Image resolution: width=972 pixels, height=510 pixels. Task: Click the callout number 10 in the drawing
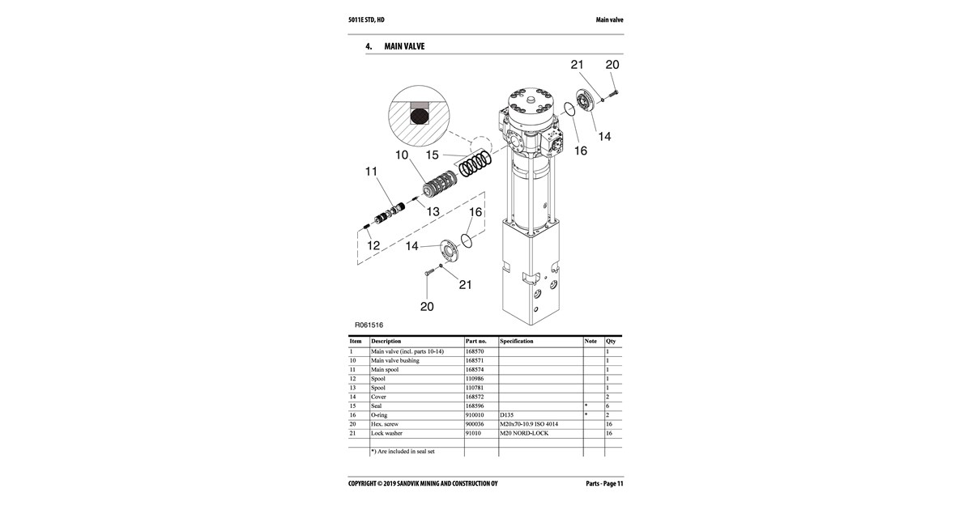(402, 155)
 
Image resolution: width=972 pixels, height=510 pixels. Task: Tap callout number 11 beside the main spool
(371, 172)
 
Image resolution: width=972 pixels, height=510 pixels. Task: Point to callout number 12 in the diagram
(373, 245)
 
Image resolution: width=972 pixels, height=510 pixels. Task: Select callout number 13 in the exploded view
(433, 211)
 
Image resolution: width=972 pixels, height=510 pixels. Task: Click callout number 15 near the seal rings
(432, 155)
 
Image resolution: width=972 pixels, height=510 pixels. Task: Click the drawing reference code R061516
(369, 325)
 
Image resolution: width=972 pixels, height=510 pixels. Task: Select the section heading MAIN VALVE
(404, 46)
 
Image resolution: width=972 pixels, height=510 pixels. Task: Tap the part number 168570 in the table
(475, 351)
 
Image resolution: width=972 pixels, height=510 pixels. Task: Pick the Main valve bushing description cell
(395, 360)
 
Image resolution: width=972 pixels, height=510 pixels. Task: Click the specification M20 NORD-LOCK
(524, 433)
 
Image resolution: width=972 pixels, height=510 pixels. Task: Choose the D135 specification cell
(506, 415)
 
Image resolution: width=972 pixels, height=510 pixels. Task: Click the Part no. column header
(476, 342)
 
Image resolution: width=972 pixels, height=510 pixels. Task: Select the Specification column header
(517, 341)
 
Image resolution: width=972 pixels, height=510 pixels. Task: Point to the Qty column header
(611, 342)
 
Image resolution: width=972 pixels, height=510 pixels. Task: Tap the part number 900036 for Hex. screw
(475, 424)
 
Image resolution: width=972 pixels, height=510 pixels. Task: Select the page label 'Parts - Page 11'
(604, 483)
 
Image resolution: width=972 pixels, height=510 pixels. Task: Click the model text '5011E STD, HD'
(366, 20)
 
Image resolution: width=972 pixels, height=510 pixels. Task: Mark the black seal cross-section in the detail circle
(115, 117)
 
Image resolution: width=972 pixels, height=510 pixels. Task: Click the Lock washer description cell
(386, 433)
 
